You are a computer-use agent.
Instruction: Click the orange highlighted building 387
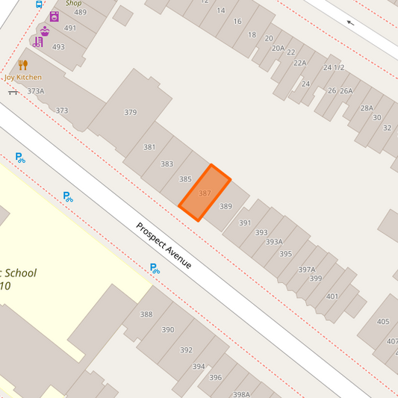[x=204, y=193]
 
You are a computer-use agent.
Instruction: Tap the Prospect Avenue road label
[x=164, y=246]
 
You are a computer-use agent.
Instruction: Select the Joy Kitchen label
[x=23, y=77]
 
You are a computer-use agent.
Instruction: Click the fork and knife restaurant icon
[x=23, y=64]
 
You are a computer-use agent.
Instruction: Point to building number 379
[x=131, y=113]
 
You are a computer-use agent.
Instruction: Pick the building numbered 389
[x=226, y=206]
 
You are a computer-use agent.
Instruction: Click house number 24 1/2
[x=334, y=67]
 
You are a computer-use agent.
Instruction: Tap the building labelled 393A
[x=274, y=242]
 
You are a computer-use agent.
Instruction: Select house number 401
[x=332, y=296]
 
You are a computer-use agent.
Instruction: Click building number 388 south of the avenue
[x=146, y=314]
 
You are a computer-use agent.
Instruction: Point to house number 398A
[x=240, y=394]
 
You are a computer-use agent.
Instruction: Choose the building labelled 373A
[x=36, y=91]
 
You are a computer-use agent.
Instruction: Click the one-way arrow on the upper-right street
[x=350, y=22]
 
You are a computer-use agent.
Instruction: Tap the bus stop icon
[x=39, y=4]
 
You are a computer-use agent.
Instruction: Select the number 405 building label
[x=383, y=322]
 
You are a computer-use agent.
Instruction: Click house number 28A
[x=367, y=108]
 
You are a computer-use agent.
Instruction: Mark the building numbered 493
[x=58, y=46]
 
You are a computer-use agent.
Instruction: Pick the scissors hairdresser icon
[x=37, y=42]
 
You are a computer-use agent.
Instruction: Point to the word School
[x=16, y=273]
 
